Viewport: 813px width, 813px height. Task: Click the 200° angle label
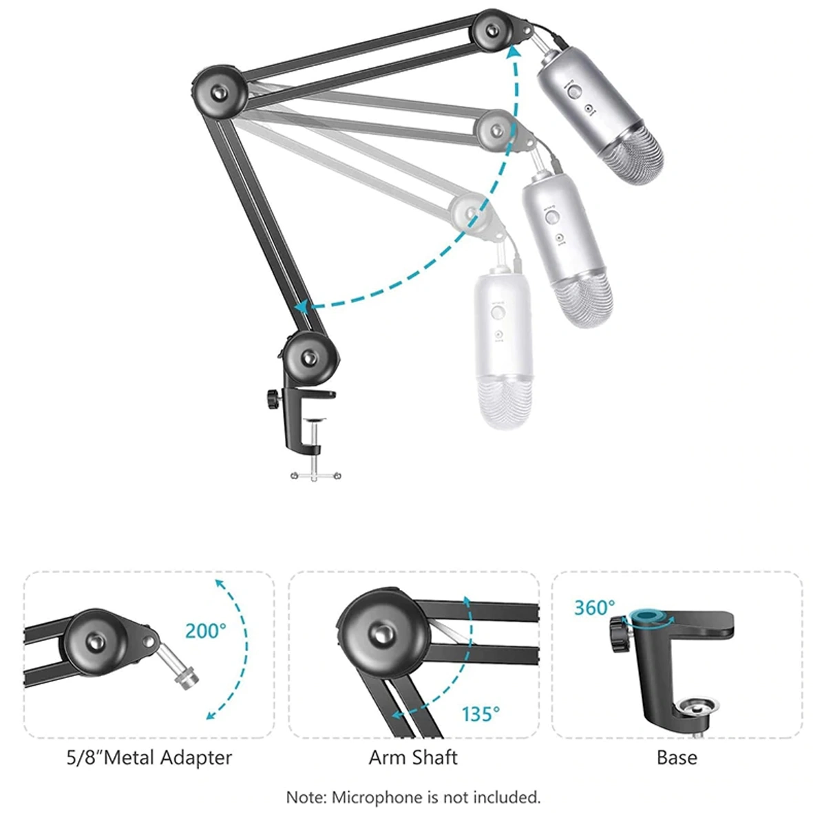[206, 631]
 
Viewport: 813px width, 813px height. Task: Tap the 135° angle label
[481, 714]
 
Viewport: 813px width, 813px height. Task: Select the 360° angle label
[595, 608]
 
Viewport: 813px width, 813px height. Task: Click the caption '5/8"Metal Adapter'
[149, 757]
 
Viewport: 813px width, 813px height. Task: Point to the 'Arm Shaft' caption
[413, 757]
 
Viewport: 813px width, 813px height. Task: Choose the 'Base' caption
[677, 757]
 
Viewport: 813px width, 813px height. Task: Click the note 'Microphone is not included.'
[436, 796]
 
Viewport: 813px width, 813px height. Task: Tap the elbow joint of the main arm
[219, 92]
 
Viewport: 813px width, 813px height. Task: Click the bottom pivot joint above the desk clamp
[310, 358]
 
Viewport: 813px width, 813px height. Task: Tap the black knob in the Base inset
[619, 633]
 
